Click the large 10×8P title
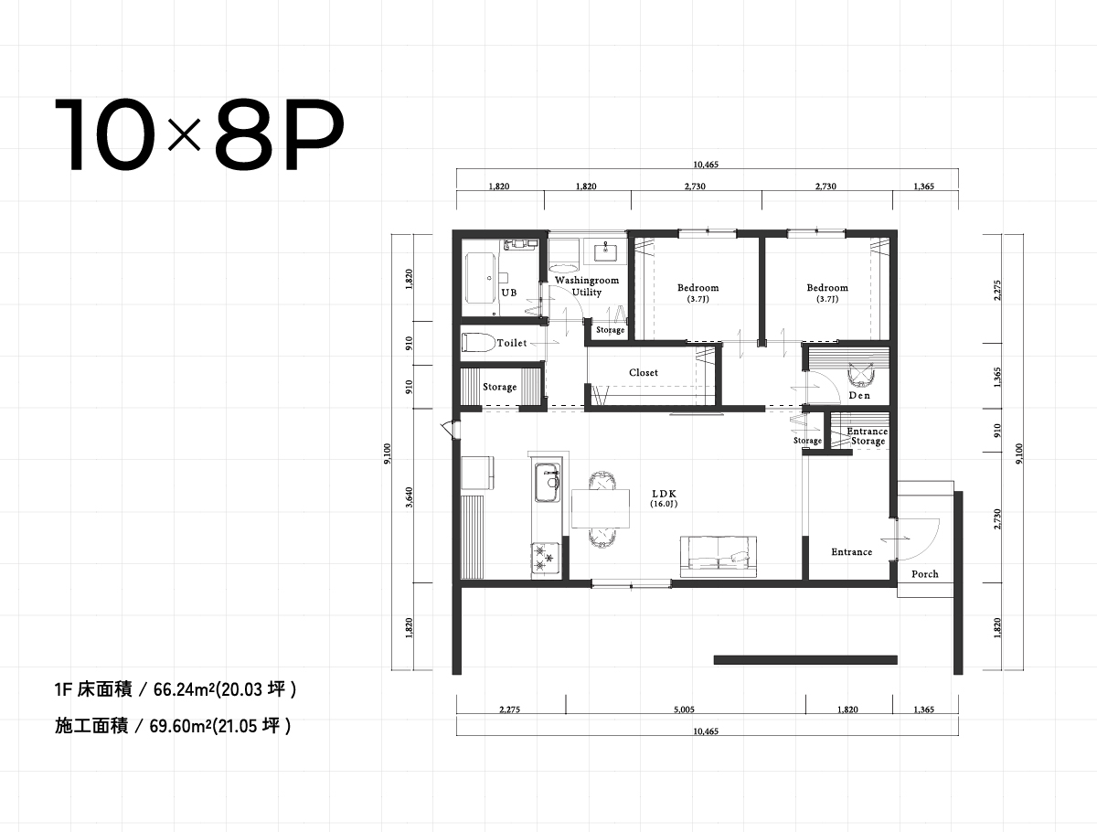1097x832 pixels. point(198,136)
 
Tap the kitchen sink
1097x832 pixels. point(548,482)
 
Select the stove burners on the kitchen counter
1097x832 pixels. point(547,558)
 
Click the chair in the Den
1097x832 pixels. point(860,376)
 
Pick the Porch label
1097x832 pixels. point(924,574)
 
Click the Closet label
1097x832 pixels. point(644,373)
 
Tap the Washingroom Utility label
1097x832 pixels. point(587,286)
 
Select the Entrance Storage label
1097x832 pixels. point(868,436)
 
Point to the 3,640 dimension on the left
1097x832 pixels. point(409,495)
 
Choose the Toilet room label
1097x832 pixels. point(512,343)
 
